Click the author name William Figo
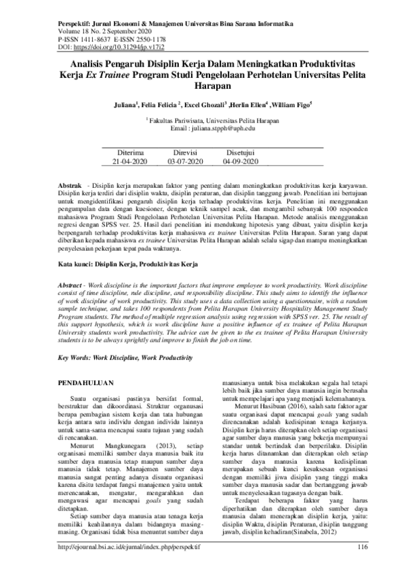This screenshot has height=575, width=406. point(293,106)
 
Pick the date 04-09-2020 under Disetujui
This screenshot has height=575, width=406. point(241,163)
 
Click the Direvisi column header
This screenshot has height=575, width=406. point(182,154)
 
